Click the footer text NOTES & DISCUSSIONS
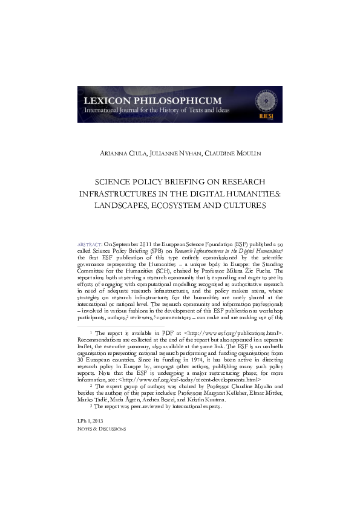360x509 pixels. pyautogui.click(x=102, y=429)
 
